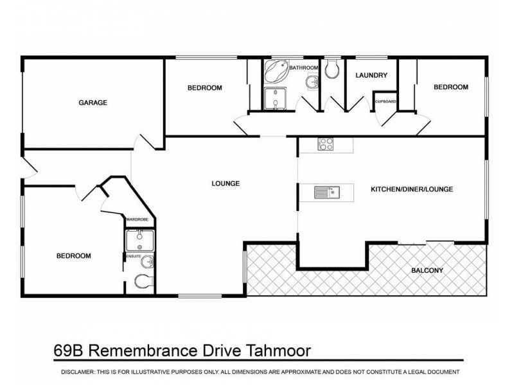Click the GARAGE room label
93,102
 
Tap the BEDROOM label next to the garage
204,88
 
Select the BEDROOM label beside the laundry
450,87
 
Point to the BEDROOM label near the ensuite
74,255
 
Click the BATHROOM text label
303,67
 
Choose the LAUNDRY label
371,75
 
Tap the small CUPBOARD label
385,101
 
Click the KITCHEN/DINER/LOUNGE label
412,189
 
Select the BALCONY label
427,270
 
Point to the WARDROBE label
137,219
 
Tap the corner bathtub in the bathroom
276,71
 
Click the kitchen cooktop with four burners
326,145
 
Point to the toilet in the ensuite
143,281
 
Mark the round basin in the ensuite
147,261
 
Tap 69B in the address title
67,351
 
